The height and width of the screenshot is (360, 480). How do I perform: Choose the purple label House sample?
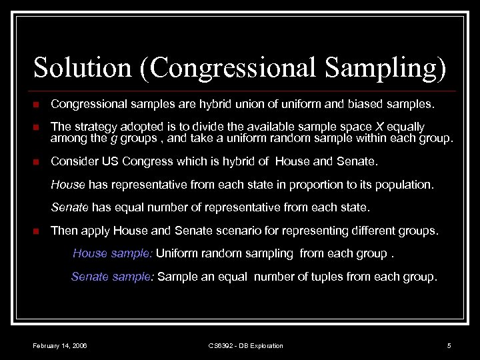tap(113, 253)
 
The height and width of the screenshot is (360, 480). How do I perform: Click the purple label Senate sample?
tap(113, 276)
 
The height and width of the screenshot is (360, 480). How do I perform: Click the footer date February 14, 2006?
tap(60, 345)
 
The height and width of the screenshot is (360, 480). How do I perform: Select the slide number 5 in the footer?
tap(449, 345)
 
